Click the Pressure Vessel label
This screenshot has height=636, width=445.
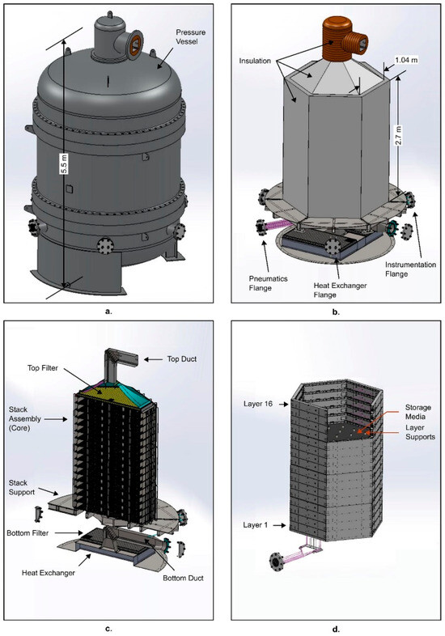pos(190,36)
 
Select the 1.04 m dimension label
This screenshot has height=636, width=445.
pos(406,60)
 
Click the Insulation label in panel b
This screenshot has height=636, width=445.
pos(255,61)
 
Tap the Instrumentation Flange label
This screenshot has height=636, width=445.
pos(410,269)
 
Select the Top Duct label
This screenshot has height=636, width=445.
pos(182,359)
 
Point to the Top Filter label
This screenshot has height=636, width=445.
pos(43,368)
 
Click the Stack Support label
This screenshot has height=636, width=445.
pos(22,488)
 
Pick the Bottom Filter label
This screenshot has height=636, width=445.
pos(28,532)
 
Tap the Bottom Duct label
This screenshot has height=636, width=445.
pos(183,578)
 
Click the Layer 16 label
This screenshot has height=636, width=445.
pos(257,404)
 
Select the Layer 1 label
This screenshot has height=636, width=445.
pos(255,525)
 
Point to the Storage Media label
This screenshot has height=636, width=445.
pos(417,412)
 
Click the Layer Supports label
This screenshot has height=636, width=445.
pos(420,432)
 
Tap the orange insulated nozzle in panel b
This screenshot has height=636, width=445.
pos(343,39)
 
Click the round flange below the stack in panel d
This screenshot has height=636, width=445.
pos(277,562)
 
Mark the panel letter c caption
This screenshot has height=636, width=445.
pos(108,629)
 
